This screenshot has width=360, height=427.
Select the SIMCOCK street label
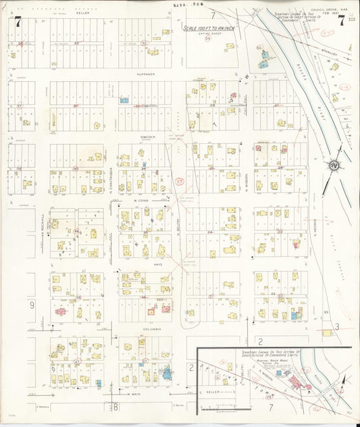148,136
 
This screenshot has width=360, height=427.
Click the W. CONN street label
141,201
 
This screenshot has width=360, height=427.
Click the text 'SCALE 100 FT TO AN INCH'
208,29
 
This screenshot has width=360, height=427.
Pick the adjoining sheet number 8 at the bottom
115,407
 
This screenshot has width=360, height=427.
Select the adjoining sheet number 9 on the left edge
31,305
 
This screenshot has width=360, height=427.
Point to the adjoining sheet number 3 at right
336,327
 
